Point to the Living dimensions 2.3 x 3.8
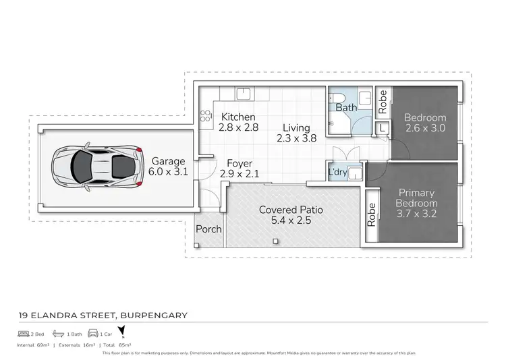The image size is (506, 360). (x=296, y=140)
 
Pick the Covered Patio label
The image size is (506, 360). (x=291, y=210)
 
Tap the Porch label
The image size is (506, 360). (x=208, y=229)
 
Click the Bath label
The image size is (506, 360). (x=346, y=108)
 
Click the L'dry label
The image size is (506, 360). (x=337, y=172)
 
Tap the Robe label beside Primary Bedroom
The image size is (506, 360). (x=371, y=214)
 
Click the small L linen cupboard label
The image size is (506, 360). (x=383, y=127)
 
